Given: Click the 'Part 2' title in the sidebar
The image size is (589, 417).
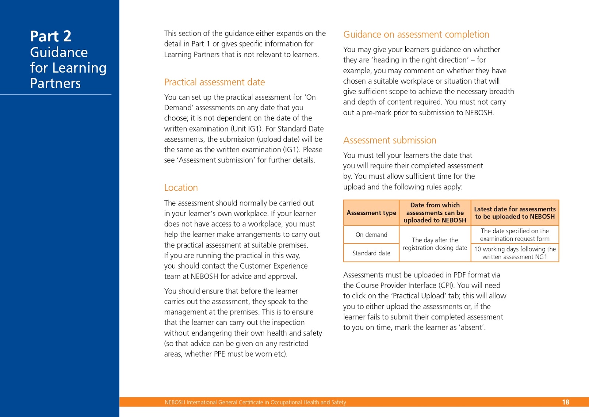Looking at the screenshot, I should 51,36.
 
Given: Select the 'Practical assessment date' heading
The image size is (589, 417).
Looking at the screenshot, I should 214,82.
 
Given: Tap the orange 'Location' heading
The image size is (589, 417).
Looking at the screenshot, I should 181,188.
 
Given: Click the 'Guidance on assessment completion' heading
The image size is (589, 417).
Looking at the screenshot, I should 416,35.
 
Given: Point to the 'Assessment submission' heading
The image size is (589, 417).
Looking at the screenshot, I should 389,140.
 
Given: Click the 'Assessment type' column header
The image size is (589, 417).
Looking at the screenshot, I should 371,213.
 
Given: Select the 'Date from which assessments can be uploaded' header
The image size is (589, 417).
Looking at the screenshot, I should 435,213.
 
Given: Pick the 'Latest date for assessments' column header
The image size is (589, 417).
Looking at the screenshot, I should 515,213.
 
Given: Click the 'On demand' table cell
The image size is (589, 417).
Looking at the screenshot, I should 371,235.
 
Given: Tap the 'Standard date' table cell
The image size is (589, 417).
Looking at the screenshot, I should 371,253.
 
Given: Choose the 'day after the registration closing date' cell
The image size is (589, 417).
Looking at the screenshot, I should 435,244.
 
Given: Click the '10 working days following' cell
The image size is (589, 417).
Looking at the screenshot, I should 515,253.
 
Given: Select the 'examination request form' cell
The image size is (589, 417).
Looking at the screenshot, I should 515,235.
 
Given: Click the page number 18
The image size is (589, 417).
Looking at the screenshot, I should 565,402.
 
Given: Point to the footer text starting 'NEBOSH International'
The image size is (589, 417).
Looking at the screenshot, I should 255,402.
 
